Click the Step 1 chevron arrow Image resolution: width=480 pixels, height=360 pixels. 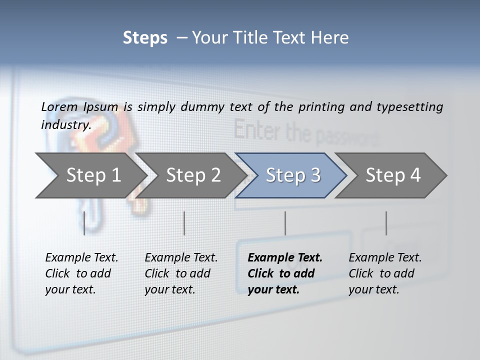[92, 175]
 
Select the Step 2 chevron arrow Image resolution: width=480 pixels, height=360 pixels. [192, 175]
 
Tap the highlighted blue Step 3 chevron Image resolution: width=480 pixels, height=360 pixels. [292, 175]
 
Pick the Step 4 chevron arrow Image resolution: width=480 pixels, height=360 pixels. [392, 175]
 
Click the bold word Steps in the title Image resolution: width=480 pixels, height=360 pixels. [145, 37]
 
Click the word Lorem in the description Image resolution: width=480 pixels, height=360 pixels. [59, 106]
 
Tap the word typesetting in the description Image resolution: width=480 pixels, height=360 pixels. [409, 106]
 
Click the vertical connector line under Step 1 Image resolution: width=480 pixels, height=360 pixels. [84, 223]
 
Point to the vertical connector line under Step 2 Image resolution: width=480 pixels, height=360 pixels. [184, 223]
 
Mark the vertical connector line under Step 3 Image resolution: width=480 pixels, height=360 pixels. [285, 223]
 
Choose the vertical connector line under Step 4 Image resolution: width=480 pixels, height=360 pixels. [386, 223]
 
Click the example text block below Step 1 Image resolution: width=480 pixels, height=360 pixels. [81, 273]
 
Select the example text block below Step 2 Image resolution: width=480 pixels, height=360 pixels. [181, 273]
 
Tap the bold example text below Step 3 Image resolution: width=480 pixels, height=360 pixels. [285, 273]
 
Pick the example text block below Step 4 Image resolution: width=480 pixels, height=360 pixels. [385, 273]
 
